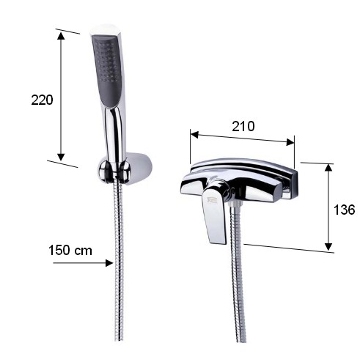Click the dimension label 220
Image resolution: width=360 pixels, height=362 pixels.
point(42,100)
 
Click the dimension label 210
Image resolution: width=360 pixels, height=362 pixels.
point(243,126)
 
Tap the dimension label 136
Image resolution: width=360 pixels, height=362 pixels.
point(344,210)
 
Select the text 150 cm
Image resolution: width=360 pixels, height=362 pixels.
point(70,251)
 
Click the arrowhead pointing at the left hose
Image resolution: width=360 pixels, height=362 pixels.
point(109,263)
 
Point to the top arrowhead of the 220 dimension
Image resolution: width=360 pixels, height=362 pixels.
point(61,36)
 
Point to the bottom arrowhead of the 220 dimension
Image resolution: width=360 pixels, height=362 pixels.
point(61,157)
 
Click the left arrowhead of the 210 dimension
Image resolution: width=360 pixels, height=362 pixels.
point(194,135)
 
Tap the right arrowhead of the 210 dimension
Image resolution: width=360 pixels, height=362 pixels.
point(290,142)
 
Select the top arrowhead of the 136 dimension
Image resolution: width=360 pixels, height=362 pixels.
point(328,168)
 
